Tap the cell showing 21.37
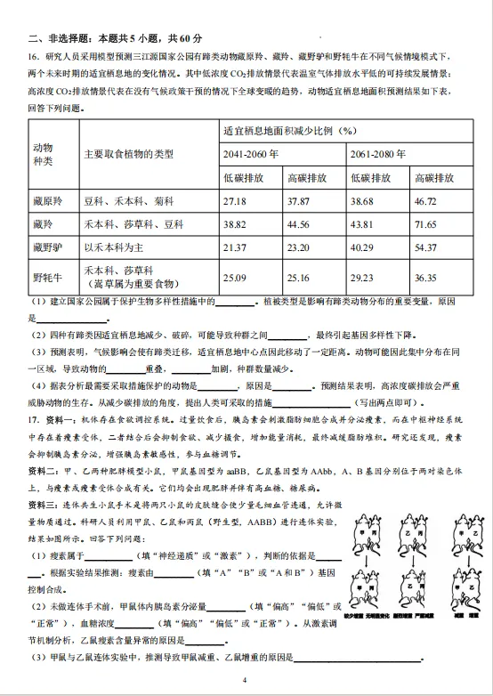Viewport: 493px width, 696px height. [x=236, y=247]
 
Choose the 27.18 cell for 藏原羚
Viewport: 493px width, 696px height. [x=236, y=201]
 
